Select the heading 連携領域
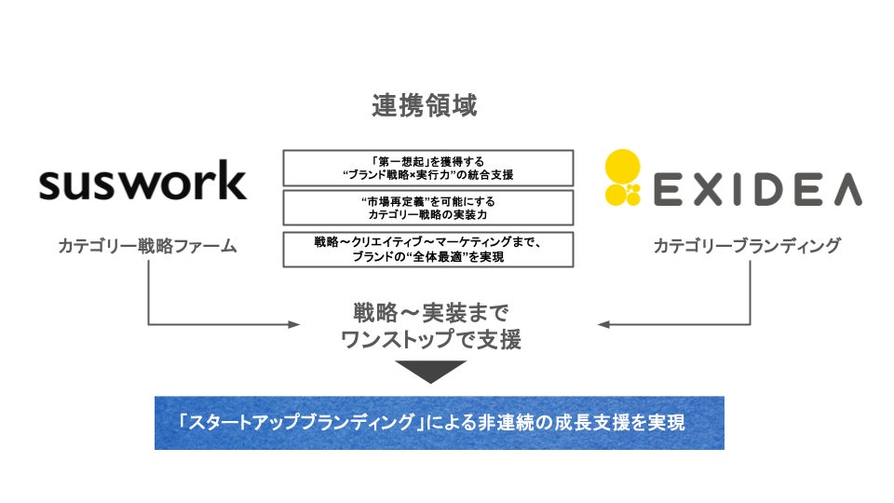tap(425, 106)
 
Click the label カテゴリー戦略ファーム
tap(147, 247)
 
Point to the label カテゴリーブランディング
tap(747, 246)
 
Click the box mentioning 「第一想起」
tap(427, 168)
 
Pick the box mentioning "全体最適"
tap(427, 250)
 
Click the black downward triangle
tap(430, 372)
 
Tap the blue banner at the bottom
tap(439, 423)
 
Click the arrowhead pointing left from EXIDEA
tap(603, 324)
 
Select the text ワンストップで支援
tap(430, 340)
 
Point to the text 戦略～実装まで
tap(430, 311)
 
